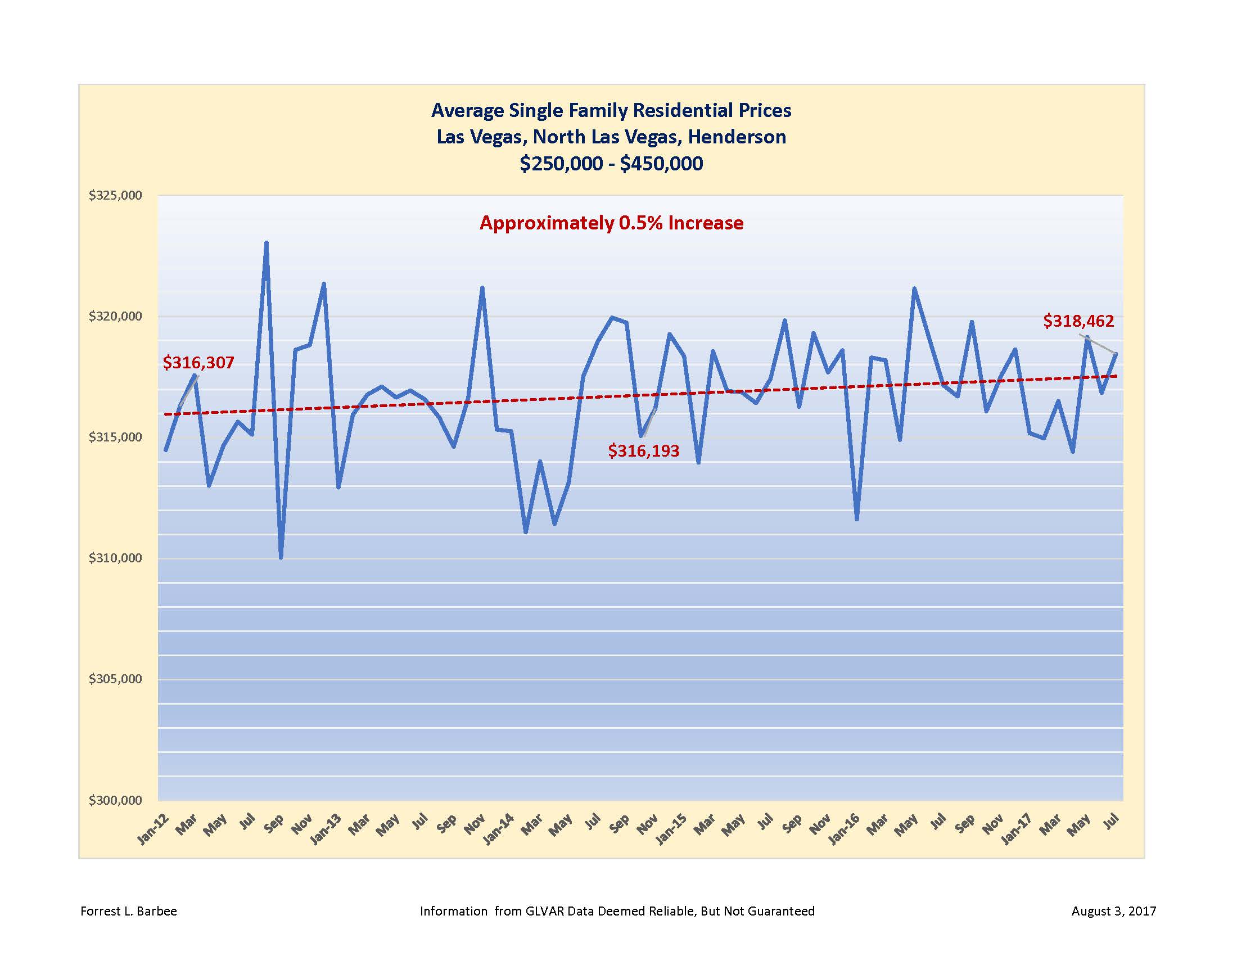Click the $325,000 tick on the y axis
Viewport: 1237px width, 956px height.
(114, 196)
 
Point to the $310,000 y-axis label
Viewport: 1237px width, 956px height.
(114, 558)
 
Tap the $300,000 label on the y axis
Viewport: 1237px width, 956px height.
(114, 800)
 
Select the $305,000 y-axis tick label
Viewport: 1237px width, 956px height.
(114, 679)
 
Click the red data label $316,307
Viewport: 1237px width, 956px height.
(198, 363)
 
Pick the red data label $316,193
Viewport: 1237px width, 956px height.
(643, 451)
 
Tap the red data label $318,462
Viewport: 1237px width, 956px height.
(1078, 321)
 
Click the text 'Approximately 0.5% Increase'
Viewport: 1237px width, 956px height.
(611, 223)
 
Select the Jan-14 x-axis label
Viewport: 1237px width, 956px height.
(499, 829)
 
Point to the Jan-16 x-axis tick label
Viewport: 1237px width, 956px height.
(845, 829)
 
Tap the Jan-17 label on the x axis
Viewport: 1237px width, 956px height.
(1017, 829)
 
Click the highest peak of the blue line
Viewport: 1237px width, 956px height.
(266, 243)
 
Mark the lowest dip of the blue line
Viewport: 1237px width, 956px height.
(281, 557)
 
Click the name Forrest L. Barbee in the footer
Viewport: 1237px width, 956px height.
(129, 911)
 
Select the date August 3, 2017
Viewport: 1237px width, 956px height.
(1113, 911)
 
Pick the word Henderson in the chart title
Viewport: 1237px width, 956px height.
(737, 137)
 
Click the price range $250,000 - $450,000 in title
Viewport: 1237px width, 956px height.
(611, 164)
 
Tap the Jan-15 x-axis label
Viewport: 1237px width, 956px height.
(672, 829)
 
